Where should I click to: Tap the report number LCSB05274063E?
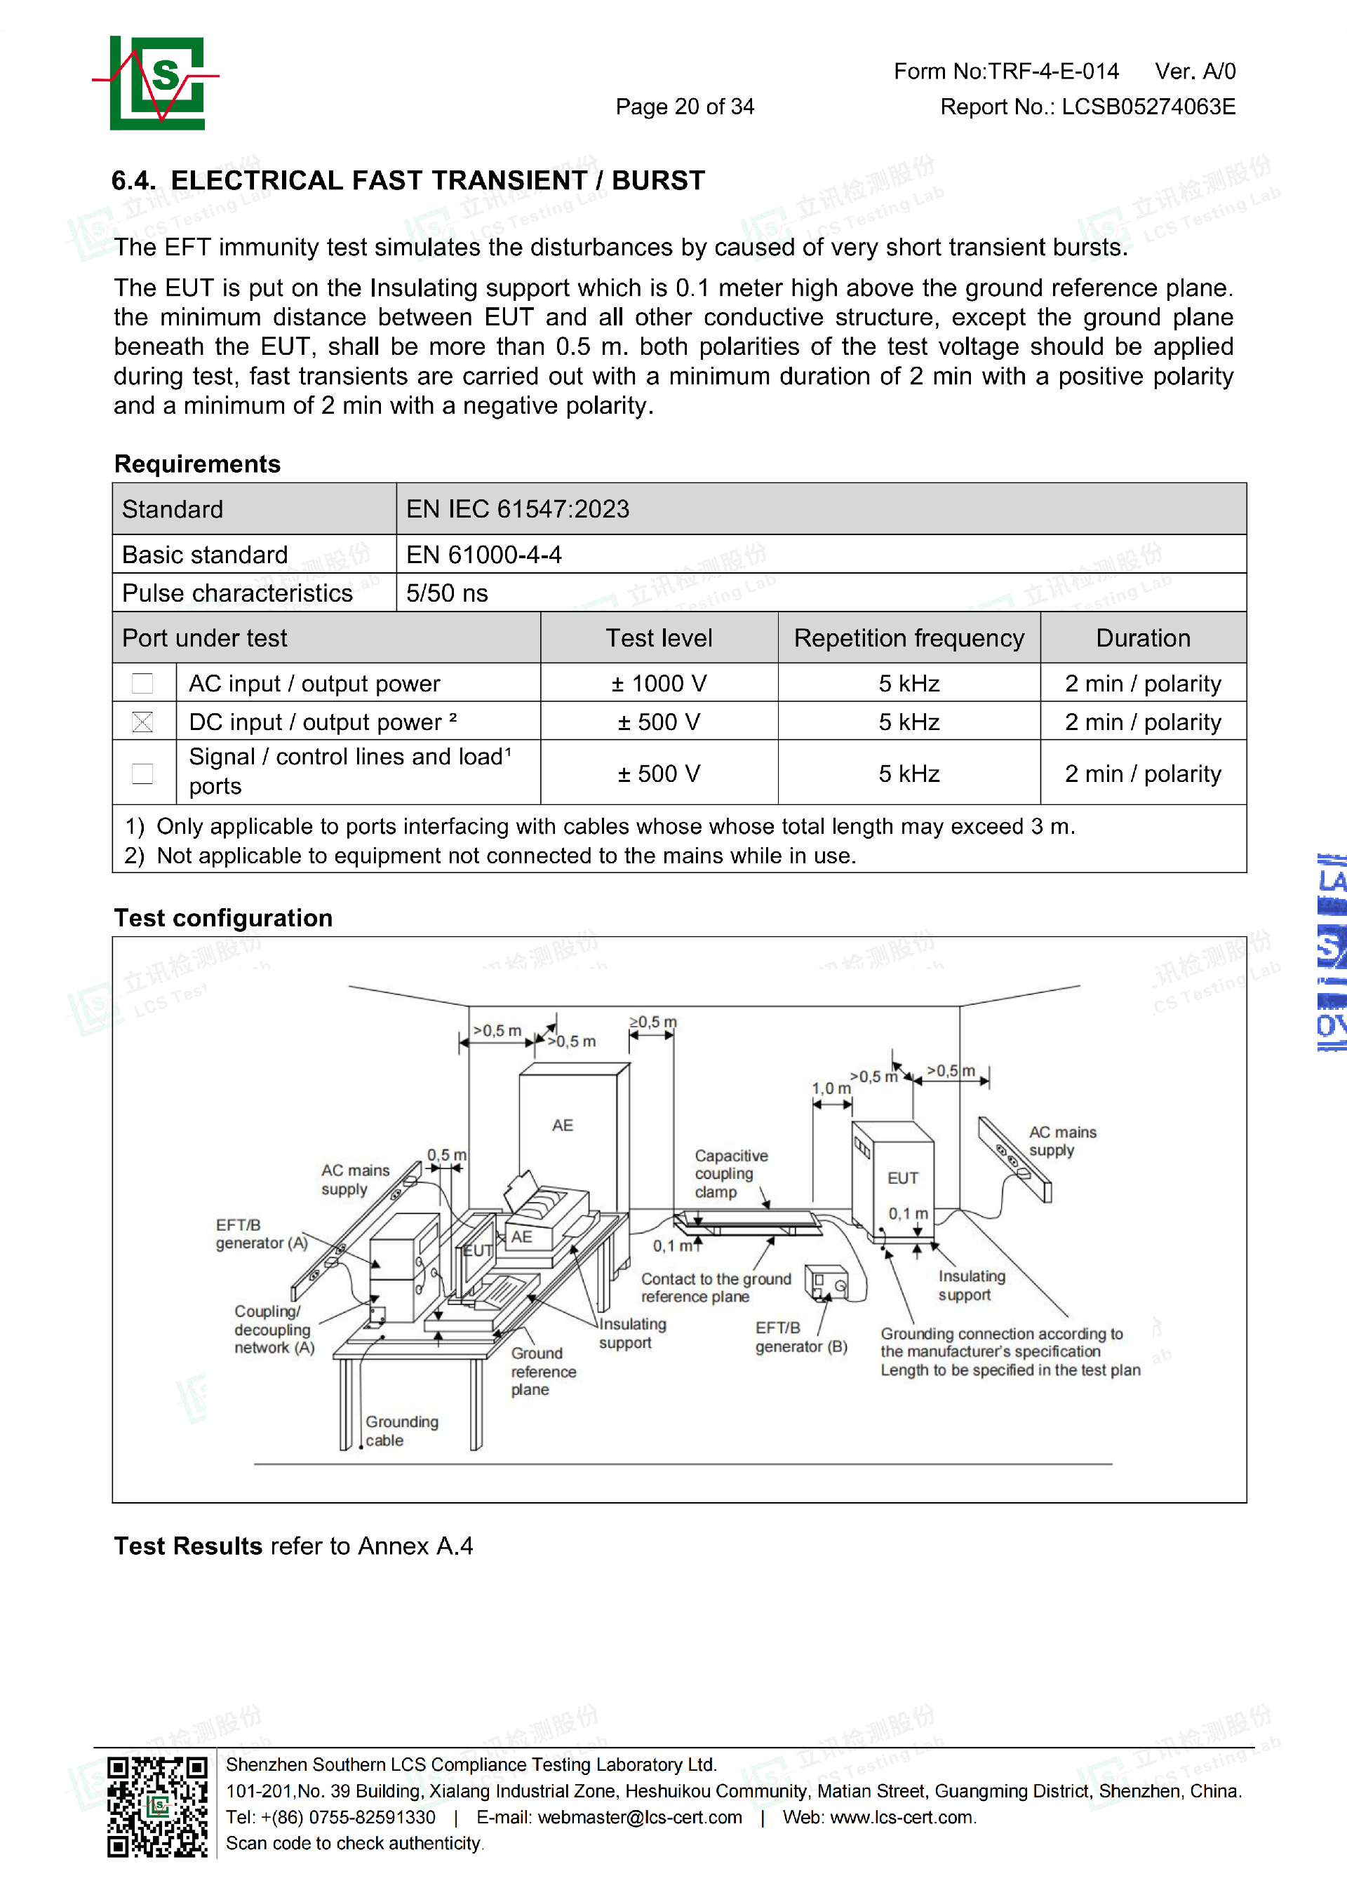tap(1148, 107)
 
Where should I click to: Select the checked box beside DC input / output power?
tap(142, 722)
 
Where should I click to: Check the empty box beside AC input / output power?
tap(142, 683)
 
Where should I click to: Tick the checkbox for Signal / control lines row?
tap(142, 774)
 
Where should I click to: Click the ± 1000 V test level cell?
tap(659, 683)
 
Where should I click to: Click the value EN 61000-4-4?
tap(483, 555)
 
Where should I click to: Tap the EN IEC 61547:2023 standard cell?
tap(518, 509)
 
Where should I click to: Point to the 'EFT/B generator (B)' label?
tap(800, 1337)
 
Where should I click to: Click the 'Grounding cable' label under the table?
tap(401, 1431)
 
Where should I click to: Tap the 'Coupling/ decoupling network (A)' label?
tap(274, 1330)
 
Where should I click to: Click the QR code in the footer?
tap(158, 1808)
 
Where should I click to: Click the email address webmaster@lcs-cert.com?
tap(640, 1818)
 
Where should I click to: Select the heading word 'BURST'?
tap(658, 181)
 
